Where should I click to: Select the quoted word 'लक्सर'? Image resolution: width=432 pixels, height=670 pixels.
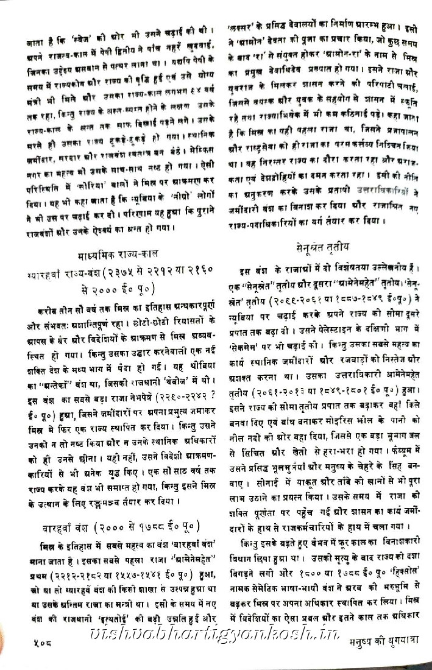click(x=238, y=27)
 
